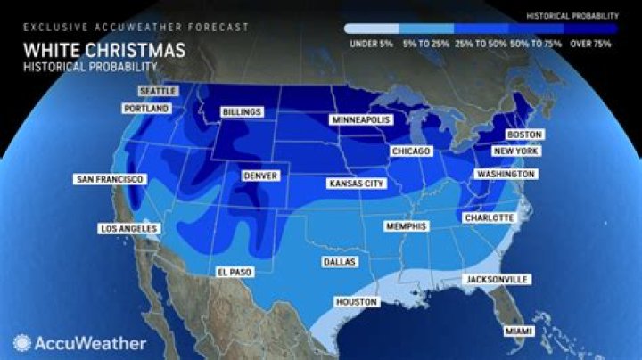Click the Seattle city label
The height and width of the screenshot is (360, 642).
tap(157, 91)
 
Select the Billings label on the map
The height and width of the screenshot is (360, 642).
tap(242, 112)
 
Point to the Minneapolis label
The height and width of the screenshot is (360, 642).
tap(358, 119)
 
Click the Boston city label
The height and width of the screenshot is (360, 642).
tap(524, 135)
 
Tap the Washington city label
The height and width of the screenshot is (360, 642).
tap(505, 174)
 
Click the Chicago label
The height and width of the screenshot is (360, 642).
tap(411, 151)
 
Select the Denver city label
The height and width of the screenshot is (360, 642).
tap(260, 176)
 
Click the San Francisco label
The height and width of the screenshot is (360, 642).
tap(109, 180)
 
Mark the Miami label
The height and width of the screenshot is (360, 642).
tap(518, 331)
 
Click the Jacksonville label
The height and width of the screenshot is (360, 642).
tap(496, 280)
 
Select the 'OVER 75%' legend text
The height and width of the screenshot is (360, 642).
tap(590, 40)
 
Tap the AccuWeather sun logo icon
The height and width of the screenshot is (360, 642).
tap(21, 341)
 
